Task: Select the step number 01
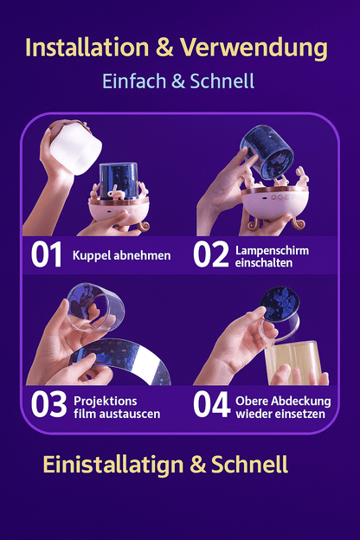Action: [x=47, y=255]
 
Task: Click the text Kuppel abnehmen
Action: [x=121, y=255]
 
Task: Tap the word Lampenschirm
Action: [x=272, y=249]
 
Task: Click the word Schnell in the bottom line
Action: [x=251, y=465]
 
